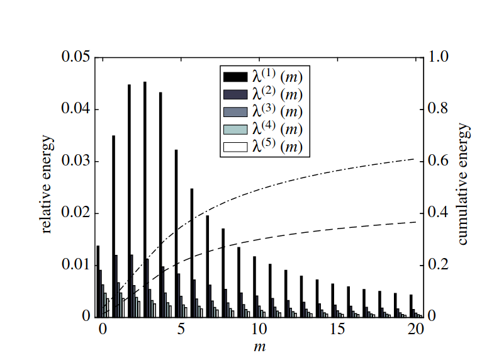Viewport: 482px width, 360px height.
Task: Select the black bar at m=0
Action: (98, 281)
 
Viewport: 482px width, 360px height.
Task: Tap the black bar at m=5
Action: (176, 233)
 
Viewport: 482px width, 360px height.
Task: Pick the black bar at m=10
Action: (255, 286)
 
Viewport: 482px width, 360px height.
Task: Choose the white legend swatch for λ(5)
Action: (235, 148)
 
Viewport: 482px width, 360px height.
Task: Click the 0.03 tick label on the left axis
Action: (75, 161)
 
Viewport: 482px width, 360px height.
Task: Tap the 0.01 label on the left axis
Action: (75, 265)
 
